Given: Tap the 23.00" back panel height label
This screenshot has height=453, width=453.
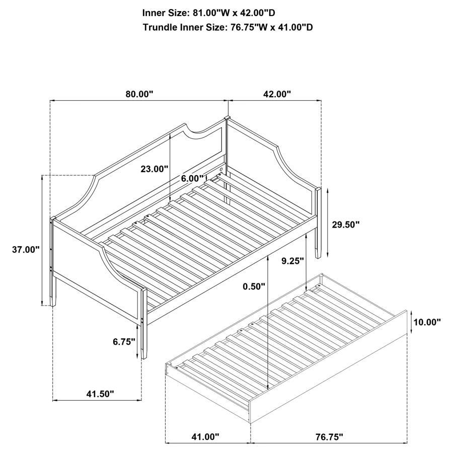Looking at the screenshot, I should pos(154,170).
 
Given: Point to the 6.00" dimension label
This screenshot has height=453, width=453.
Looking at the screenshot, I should pos(193,178).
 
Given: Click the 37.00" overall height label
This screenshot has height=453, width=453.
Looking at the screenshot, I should pos(25,250).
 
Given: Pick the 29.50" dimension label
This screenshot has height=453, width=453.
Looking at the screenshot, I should pos(346,224).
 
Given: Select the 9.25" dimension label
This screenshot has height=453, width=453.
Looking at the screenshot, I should pos(292,261).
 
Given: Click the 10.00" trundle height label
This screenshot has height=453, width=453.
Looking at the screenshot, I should pos(427,322).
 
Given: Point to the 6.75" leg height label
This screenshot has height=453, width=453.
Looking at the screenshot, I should pos(124,342).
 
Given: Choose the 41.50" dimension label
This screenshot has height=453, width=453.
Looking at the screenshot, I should pos(98,394).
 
